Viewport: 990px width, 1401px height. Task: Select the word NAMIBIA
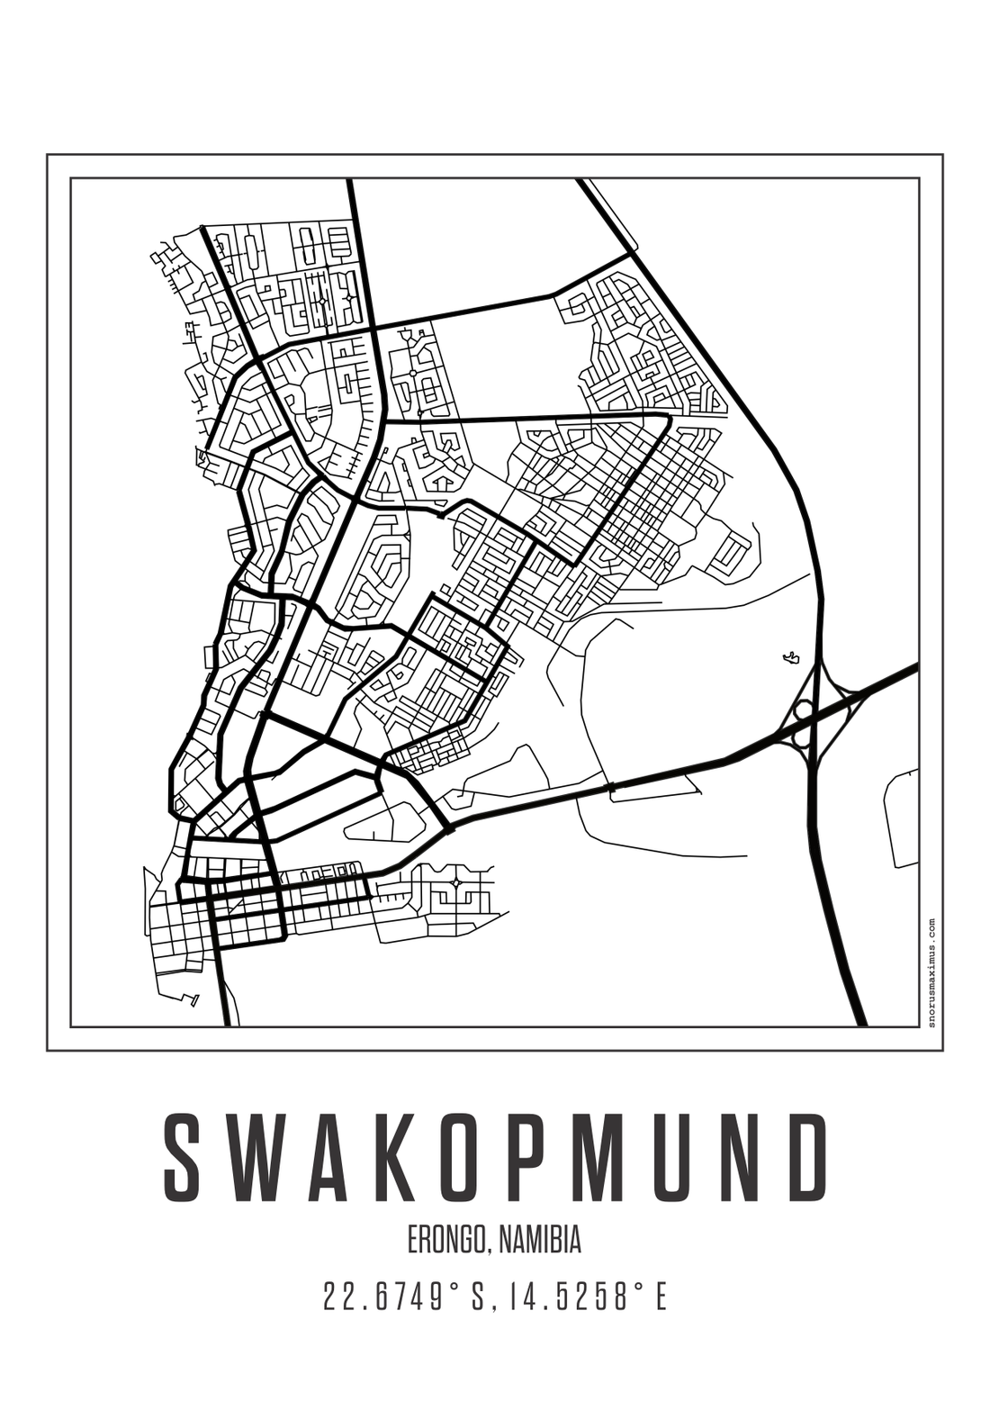click(539, 1240)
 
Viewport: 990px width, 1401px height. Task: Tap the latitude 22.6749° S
click(404, 1297)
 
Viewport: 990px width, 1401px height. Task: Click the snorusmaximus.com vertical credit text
click(931, 972)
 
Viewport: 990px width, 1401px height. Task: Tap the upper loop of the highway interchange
click(804, 710)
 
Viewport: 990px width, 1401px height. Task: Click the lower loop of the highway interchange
click(798, 739)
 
